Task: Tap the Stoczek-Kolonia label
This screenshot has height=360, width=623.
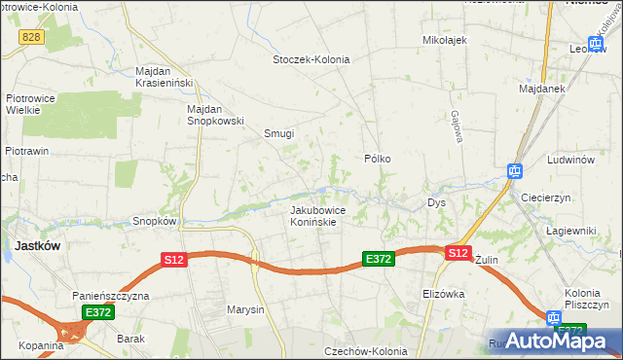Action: pyautogui.click(x=311, y=59)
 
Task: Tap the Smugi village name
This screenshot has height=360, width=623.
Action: pyautogui.click(x=279, y=133)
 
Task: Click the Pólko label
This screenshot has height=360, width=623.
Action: pyautogui.click(x=378, y=158)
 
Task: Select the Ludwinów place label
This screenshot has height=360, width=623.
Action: pyautogui.click(x=570, y=159)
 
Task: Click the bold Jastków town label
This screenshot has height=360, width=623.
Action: pyautogui.click(x=37, y=246)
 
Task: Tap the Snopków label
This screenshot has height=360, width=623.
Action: pyautogui.click(x=154, y=221)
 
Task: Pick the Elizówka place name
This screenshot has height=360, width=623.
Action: pyautogui.click(x=446, y=293)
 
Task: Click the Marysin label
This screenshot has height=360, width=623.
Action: pyautogui.click(x=245, y=310)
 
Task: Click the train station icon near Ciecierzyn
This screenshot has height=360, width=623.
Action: pyautogui.click(x=514, y=171)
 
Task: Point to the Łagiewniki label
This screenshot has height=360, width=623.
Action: pyautogui.click(x=570, y=230)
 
